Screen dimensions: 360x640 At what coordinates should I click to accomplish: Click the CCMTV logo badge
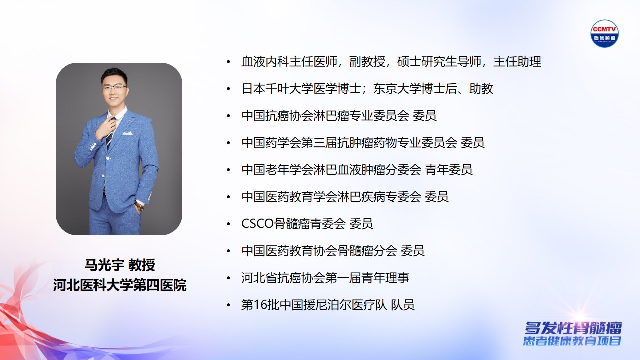(605, 33)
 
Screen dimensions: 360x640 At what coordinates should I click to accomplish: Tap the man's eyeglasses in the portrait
(114, 87)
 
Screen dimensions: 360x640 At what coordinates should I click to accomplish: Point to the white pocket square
(128, 134)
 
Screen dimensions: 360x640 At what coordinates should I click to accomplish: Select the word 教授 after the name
(142, 265)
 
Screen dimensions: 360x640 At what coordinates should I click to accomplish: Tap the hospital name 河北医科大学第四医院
(120, 286)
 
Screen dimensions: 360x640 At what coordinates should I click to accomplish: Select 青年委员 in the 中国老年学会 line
(449, 170)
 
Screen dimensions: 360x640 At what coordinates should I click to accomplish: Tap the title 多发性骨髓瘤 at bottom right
(573, 328)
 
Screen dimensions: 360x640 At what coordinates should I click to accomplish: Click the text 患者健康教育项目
(572, 342)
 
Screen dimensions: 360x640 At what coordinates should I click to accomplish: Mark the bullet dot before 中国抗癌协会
(229, 116)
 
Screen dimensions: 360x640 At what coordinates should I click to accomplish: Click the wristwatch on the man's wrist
(139, 206)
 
